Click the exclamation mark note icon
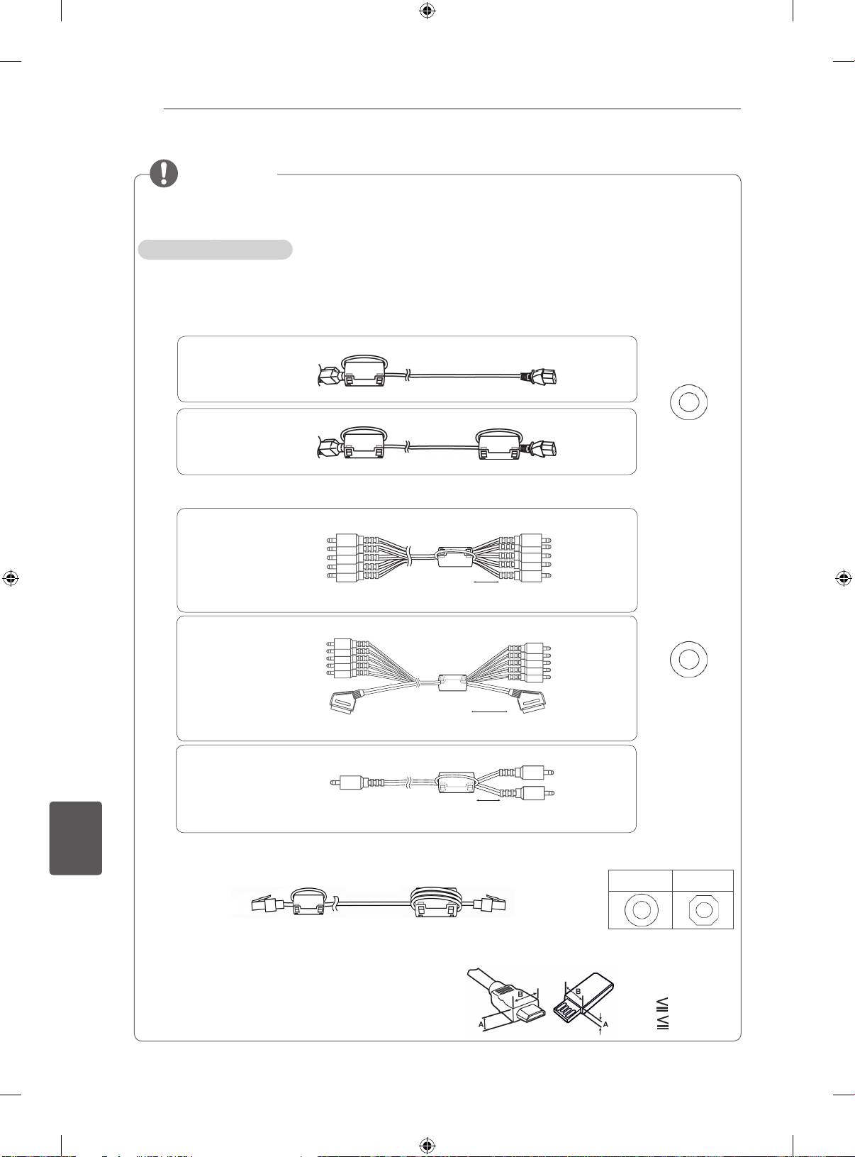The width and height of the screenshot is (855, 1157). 164,174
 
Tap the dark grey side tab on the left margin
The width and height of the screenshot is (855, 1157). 76,838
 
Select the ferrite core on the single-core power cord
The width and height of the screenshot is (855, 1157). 364,372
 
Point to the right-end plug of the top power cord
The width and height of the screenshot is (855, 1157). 541,375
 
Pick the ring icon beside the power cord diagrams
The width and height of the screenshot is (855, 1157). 688,402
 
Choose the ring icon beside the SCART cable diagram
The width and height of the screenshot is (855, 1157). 688,659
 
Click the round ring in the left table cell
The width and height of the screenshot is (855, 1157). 641,909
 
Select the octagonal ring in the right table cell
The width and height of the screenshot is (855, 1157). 704,910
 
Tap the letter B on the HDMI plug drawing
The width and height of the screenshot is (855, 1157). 520,994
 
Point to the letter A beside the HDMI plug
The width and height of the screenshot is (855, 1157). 481,1024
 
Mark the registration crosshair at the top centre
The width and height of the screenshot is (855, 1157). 427,11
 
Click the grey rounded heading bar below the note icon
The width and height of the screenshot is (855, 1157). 215,249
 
